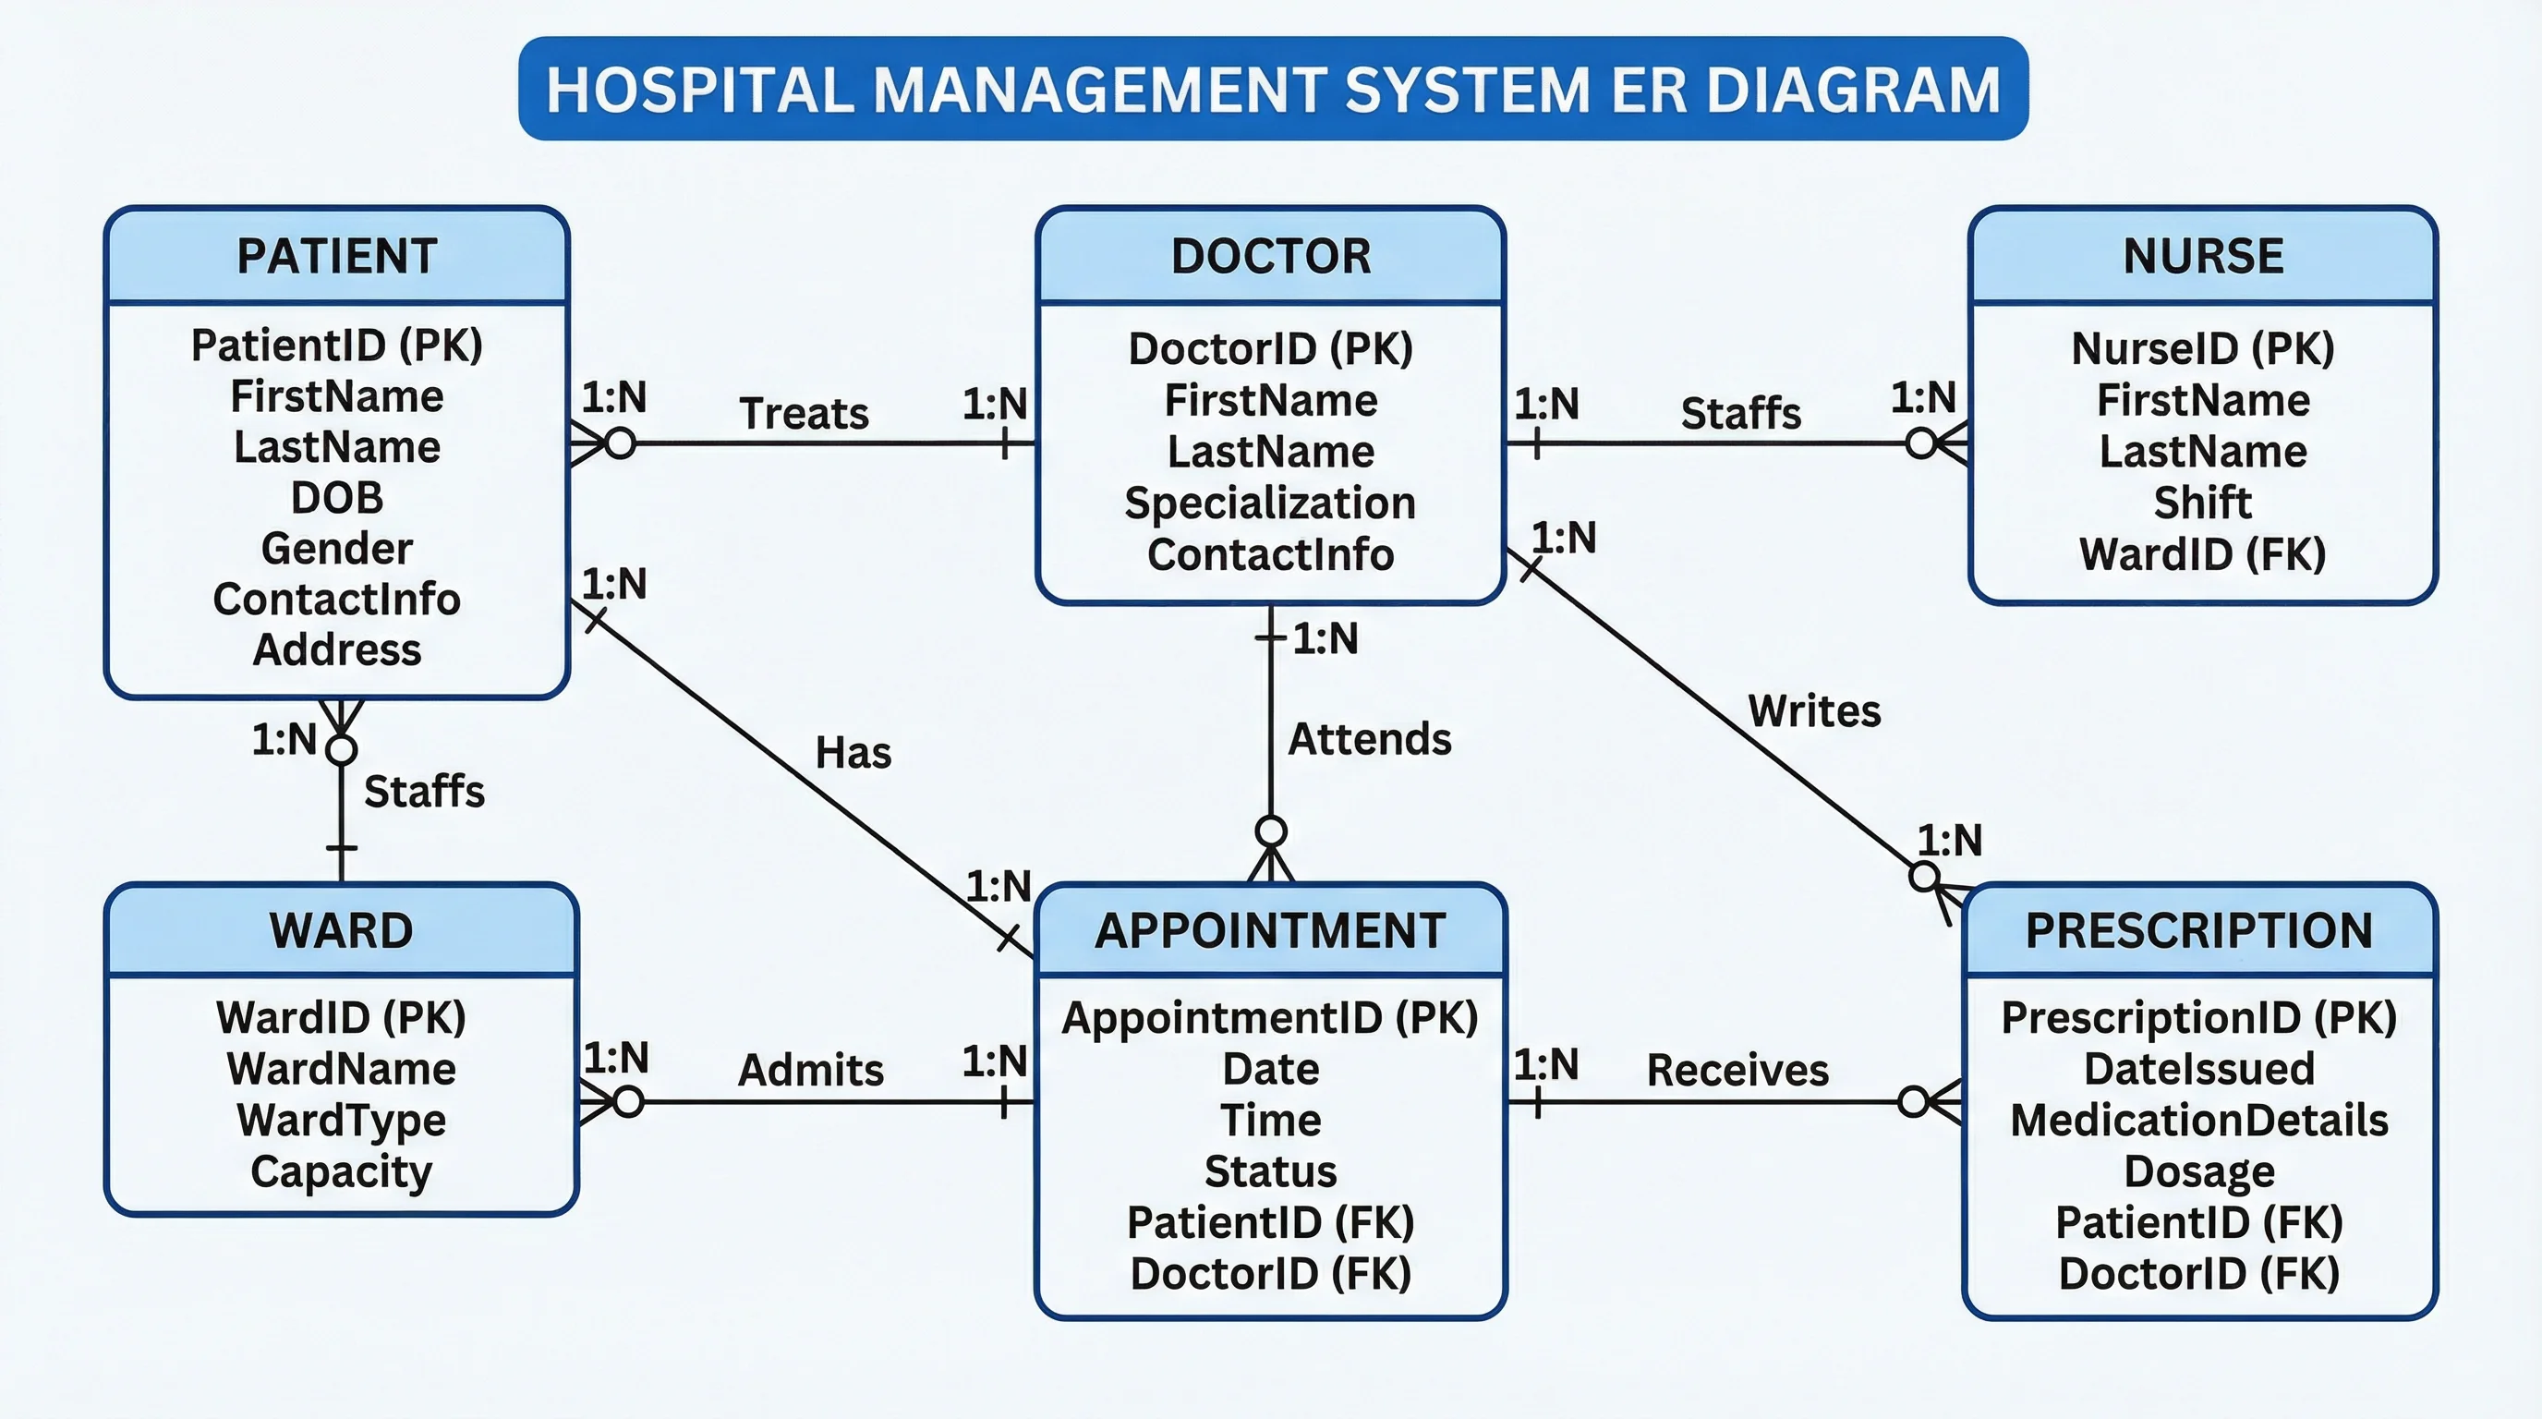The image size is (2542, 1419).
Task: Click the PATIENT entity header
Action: pyautogui.click(x=336, y=256)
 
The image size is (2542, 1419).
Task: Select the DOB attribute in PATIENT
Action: pyautogui.click(x=336, y=497)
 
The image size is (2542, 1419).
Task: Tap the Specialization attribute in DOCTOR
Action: pyautogui.click(x=1270, y=503)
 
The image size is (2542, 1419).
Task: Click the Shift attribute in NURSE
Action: pyautogui.click(x=2202, y=503)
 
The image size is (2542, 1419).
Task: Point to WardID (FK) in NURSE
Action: pyautogui.click(x=2202, y=554)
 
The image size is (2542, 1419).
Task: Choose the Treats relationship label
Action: pyautogui.click(x=804, y=414)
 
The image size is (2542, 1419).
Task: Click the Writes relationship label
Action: pyautogui.click(x=1814, y=711)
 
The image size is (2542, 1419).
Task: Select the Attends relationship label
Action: pyautogui.click(x=1370, y=739)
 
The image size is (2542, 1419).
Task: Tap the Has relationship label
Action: pyautogui.click(x=853, y=753)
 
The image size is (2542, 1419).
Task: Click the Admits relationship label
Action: pyautogui.click(x=810, y=1071)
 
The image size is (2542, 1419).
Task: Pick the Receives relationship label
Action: pyautogui.click(x=1737, y=1071)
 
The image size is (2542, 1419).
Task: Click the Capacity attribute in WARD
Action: pyautogui.click(x=342, y=1172)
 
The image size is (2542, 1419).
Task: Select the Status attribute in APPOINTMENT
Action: pyautogui.click(x=1270, y=1172)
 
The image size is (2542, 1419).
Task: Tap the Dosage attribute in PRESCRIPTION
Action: pyautogui.click(x=2198, y=1172)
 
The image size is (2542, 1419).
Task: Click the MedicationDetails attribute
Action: pyautogui.click(x=2198, y=1121)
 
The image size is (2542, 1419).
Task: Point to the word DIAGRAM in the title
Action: pyautogui.click(x=1852, y=90)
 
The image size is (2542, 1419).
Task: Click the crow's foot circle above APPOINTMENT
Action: pyautogui.click(x=1271, y=831)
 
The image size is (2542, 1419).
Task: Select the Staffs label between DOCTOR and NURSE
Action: pyautogui.click(x=1741, y=414)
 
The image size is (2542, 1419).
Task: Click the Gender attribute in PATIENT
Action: pyautogui.click(x=336, y=549)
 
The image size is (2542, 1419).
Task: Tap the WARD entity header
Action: pyautogui.click(x=342, y=930)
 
